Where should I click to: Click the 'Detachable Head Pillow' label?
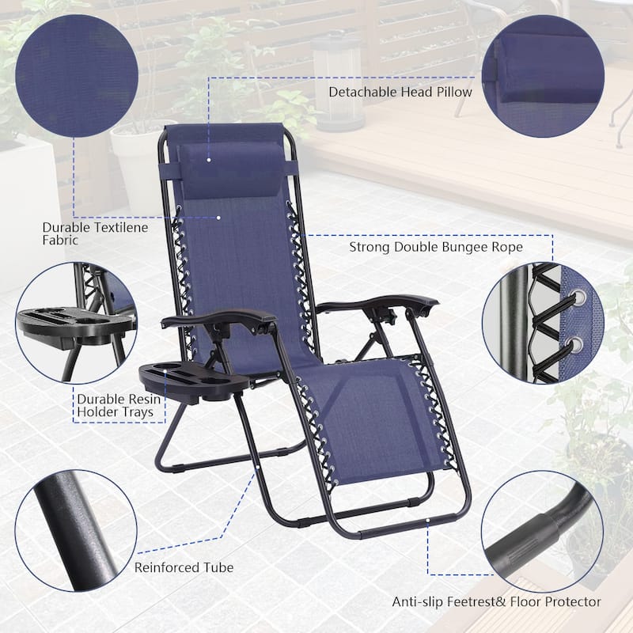coord(400,92)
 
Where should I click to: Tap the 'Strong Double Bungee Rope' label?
coord(436,247)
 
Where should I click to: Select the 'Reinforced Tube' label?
coord(184,567)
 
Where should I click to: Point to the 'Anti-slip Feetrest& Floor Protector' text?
coord(497,601)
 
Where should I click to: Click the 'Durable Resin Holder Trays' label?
coord(119,405)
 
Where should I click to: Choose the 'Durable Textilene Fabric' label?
coord(95,233)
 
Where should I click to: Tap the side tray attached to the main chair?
coord(190,381)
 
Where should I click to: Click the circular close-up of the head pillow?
coord(543,76)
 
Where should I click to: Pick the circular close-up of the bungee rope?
coord(543,323)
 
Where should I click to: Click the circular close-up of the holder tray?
coord(77,323)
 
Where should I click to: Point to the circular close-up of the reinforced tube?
coord(76,531)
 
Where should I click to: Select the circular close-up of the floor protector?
coord(543,532)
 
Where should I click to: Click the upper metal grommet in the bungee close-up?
coord(578,297)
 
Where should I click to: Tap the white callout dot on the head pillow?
coord(209,160)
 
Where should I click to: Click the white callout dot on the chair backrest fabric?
coord(218,218)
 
